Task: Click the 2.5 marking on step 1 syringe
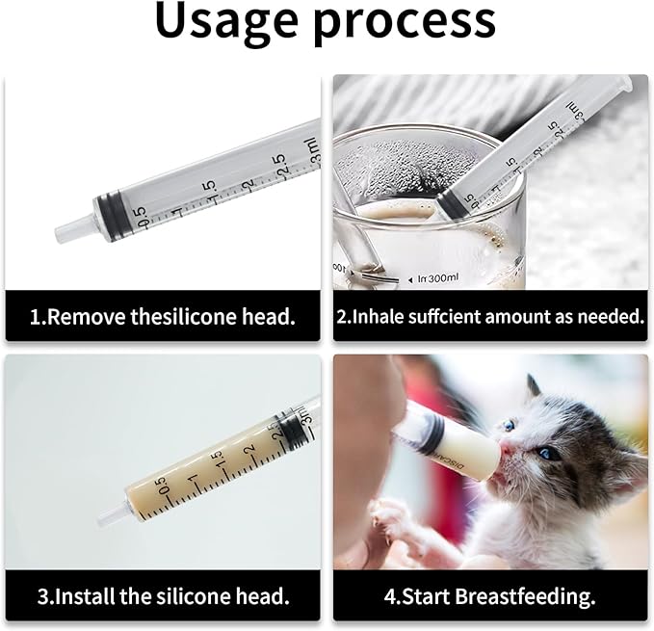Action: [278, 161]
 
